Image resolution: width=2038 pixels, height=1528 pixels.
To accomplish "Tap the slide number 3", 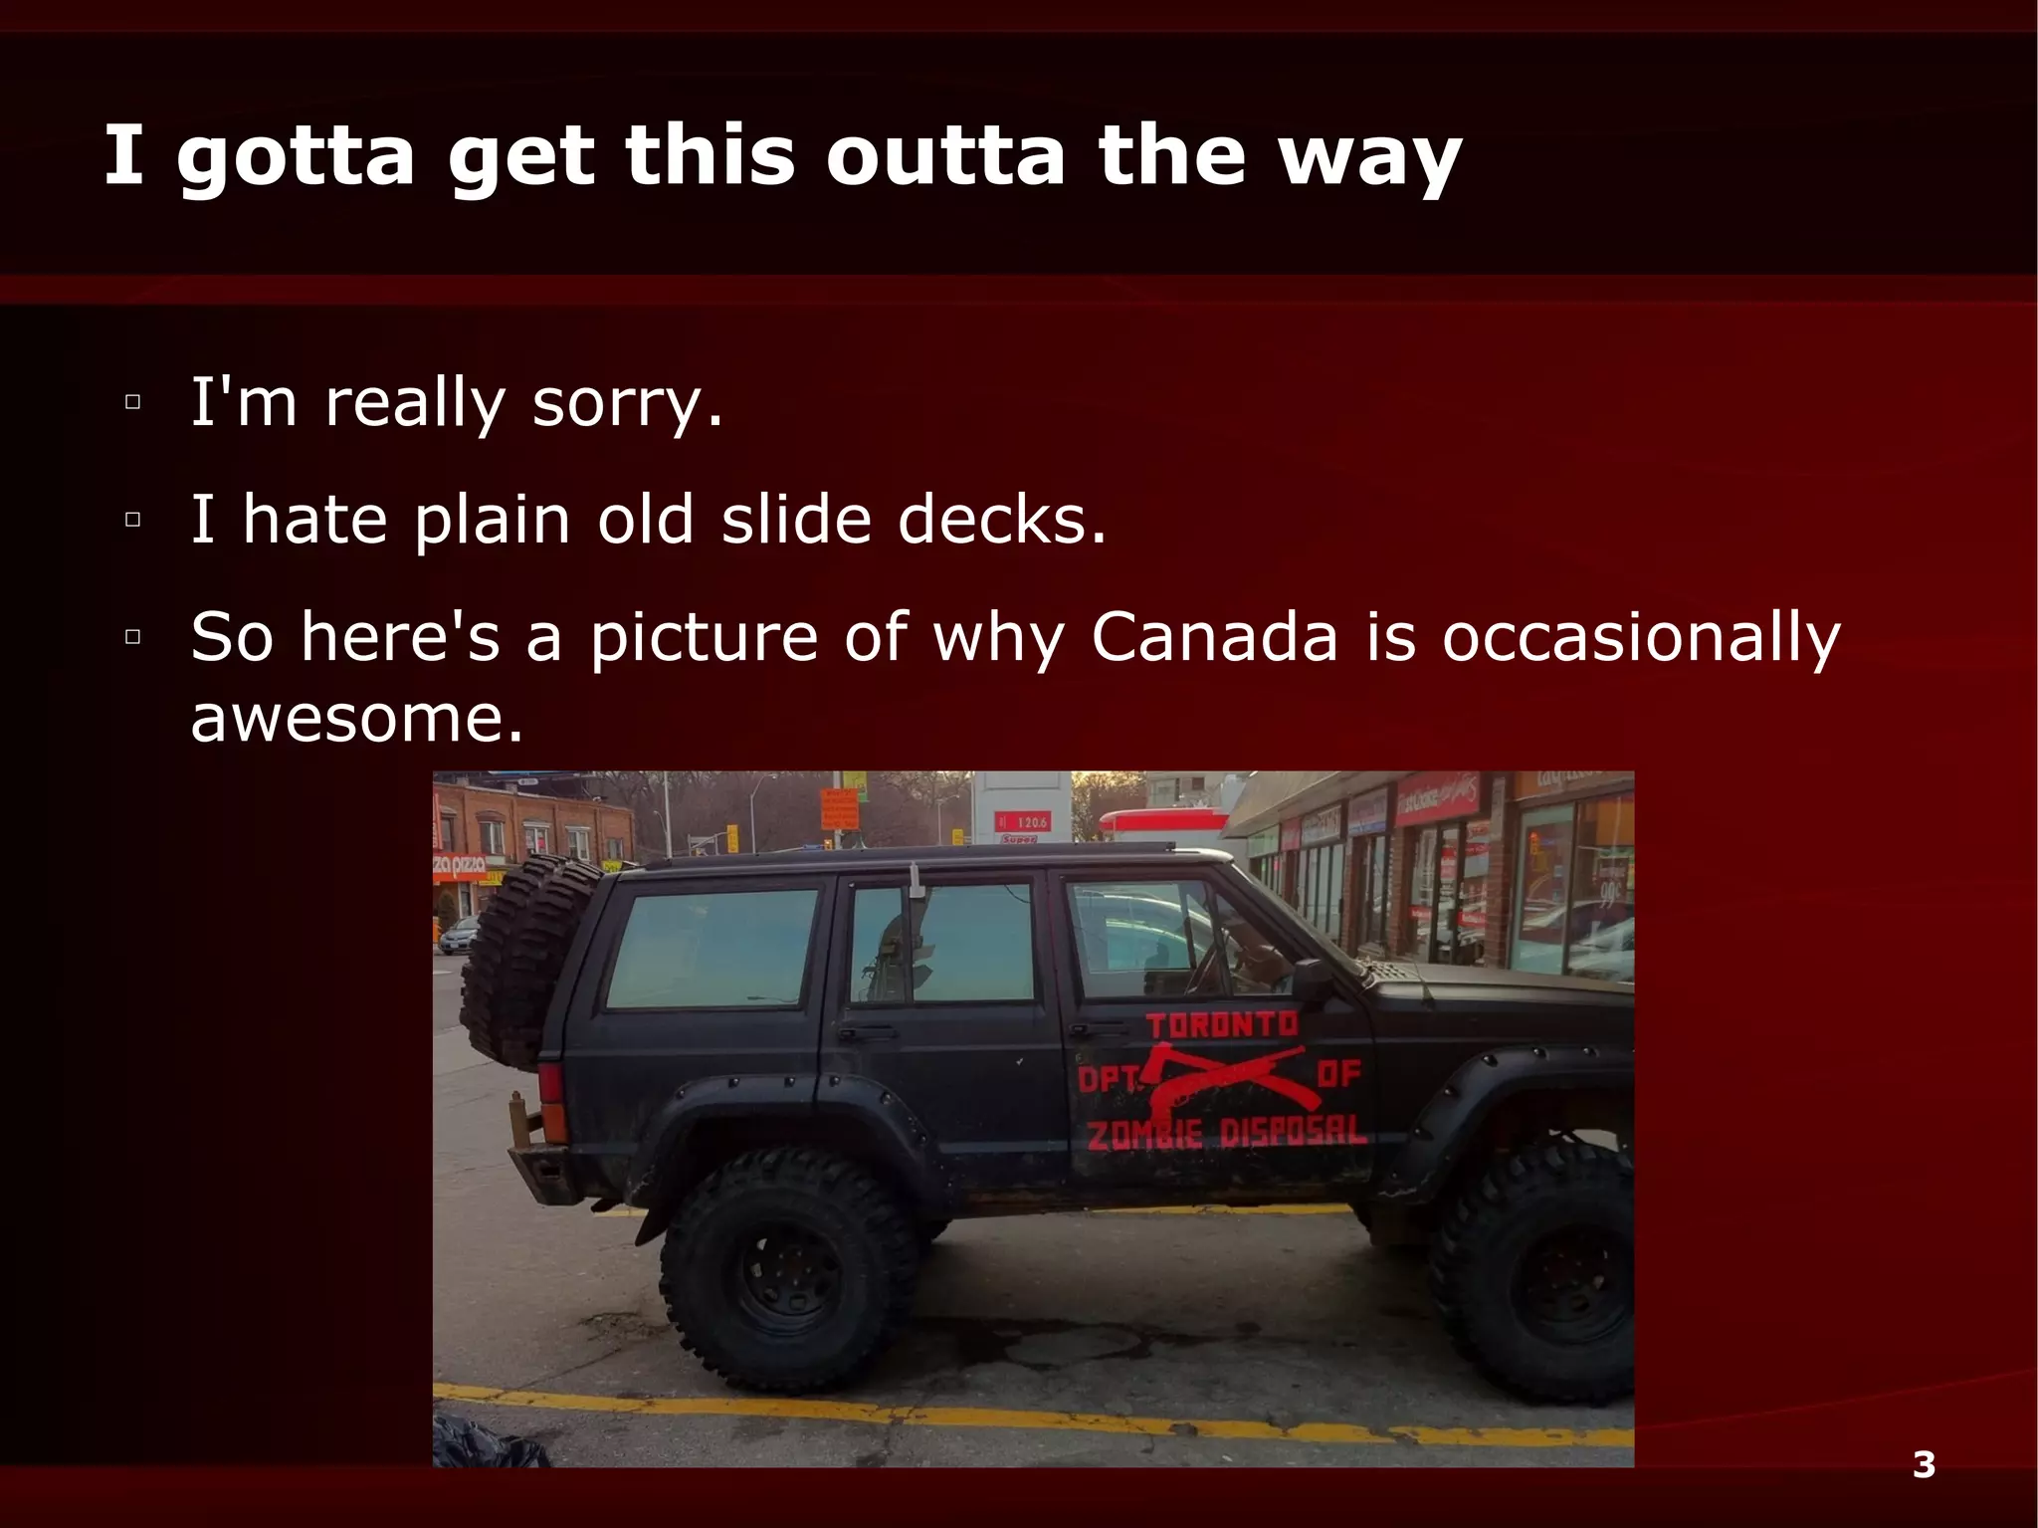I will pos(1924,1464).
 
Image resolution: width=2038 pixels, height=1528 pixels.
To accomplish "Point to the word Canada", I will pos(1214,636).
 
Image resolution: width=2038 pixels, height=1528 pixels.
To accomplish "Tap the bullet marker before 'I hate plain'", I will pos(132,520).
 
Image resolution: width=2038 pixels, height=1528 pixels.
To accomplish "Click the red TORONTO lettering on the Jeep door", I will pos(1221,1025).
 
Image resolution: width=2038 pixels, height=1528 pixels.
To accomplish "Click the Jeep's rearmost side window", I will pos(711,949).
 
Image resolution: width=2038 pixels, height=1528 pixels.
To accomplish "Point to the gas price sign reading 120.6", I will pos(1022,821).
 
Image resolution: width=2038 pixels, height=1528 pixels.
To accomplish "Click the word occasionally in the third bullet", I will pos(1641,636).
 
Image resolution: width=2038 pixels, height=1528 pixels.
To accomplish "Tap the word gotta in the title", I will pos(296,156).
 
